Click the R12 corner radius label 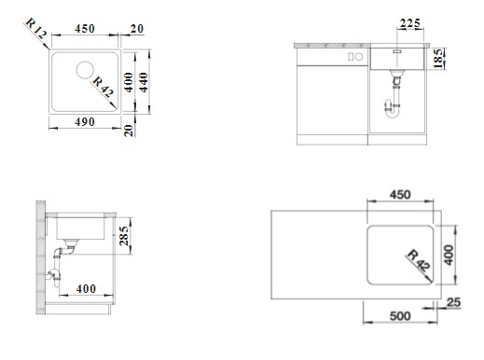(36, 28)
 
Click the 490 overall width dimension (85, 122)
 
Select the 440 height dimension (144, 82)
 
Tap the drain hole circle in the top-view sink (85, 70)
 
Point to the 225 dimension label (410, 23)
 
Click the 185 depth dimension (438, 59)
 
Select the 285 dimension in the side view (124, 236)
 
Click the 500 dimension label (400, 316)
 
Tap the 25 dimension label (453, 302)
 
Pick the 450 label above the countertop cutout (400, 195)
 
